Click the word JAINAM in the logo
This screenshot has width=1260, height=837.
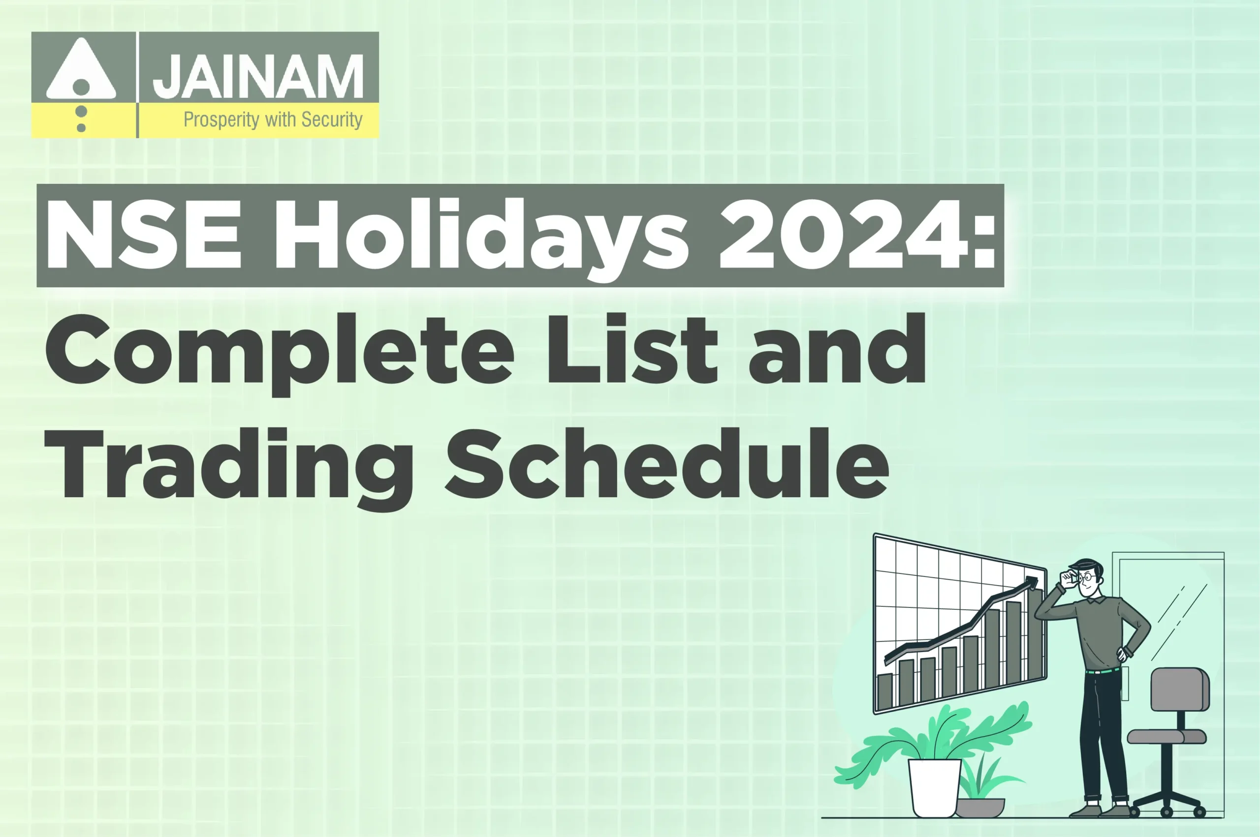[x=258, y=76]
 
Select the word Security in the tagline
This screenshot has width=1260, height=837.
[x=332, y=120]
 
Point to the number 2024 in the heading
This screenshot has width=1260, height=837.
[x=844, y=235]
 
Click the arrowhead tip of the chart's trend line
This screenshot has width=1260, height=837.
[x=1034, y=580]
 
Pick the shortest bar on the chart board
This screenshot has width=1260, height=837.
[x=885, y=692]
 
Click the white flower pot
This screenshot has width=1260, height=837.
[x=934, y=787]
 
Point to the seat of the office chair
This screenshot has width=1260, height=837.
[x=1166, y=737]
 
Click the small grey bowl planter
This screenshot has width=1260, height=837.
[x=979, y=807]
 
